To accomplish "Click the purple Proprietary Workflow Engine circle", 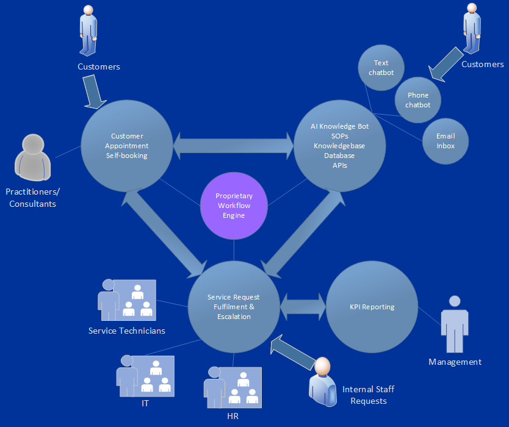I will [234, 206].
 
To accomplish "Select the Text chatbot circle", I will [381, 68].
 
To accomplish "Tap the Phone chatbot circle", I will [418, 100].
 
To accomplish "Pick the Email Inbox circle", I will [446, 141].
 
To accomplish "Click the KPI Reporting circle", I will [372, 307].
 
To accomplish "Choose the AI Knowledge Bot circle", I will [339, 146].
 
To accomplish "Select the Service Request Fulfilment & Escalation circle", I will [234, 307].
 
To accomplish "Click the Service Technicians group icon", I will [127, 300].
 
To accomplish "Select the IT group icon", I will [145, 376].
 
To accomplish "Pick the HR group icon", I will [232, 387].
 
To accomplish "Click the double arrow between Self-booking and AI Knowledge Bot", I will [234, 146].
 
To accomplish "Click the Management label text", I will [455, 362].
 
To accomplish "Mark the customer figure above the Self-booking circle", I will [89, 30].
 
